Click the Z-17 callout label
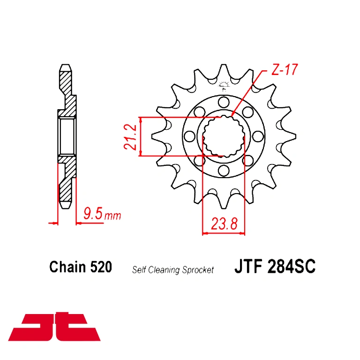pos(285,69)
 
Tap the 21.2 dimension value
pos(130,137)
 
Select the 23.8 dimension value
pos(224,224)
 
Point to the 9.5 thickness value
pos(93,213)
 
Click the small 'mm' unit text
pos(112,216)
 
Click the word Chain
pos(67,267)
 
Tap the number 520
pos(101,267)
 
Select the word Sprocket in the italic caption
pos(198,270)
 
